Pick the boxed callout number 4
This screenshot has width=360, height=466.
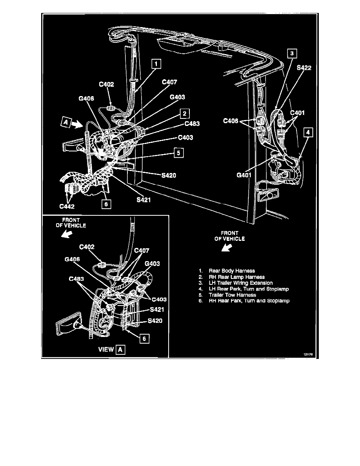tap(308, 133)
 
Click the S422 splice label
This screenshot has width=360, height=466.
tap(304, 68)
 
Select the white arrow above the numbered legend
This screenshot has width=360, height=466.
tap(227, 248)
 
